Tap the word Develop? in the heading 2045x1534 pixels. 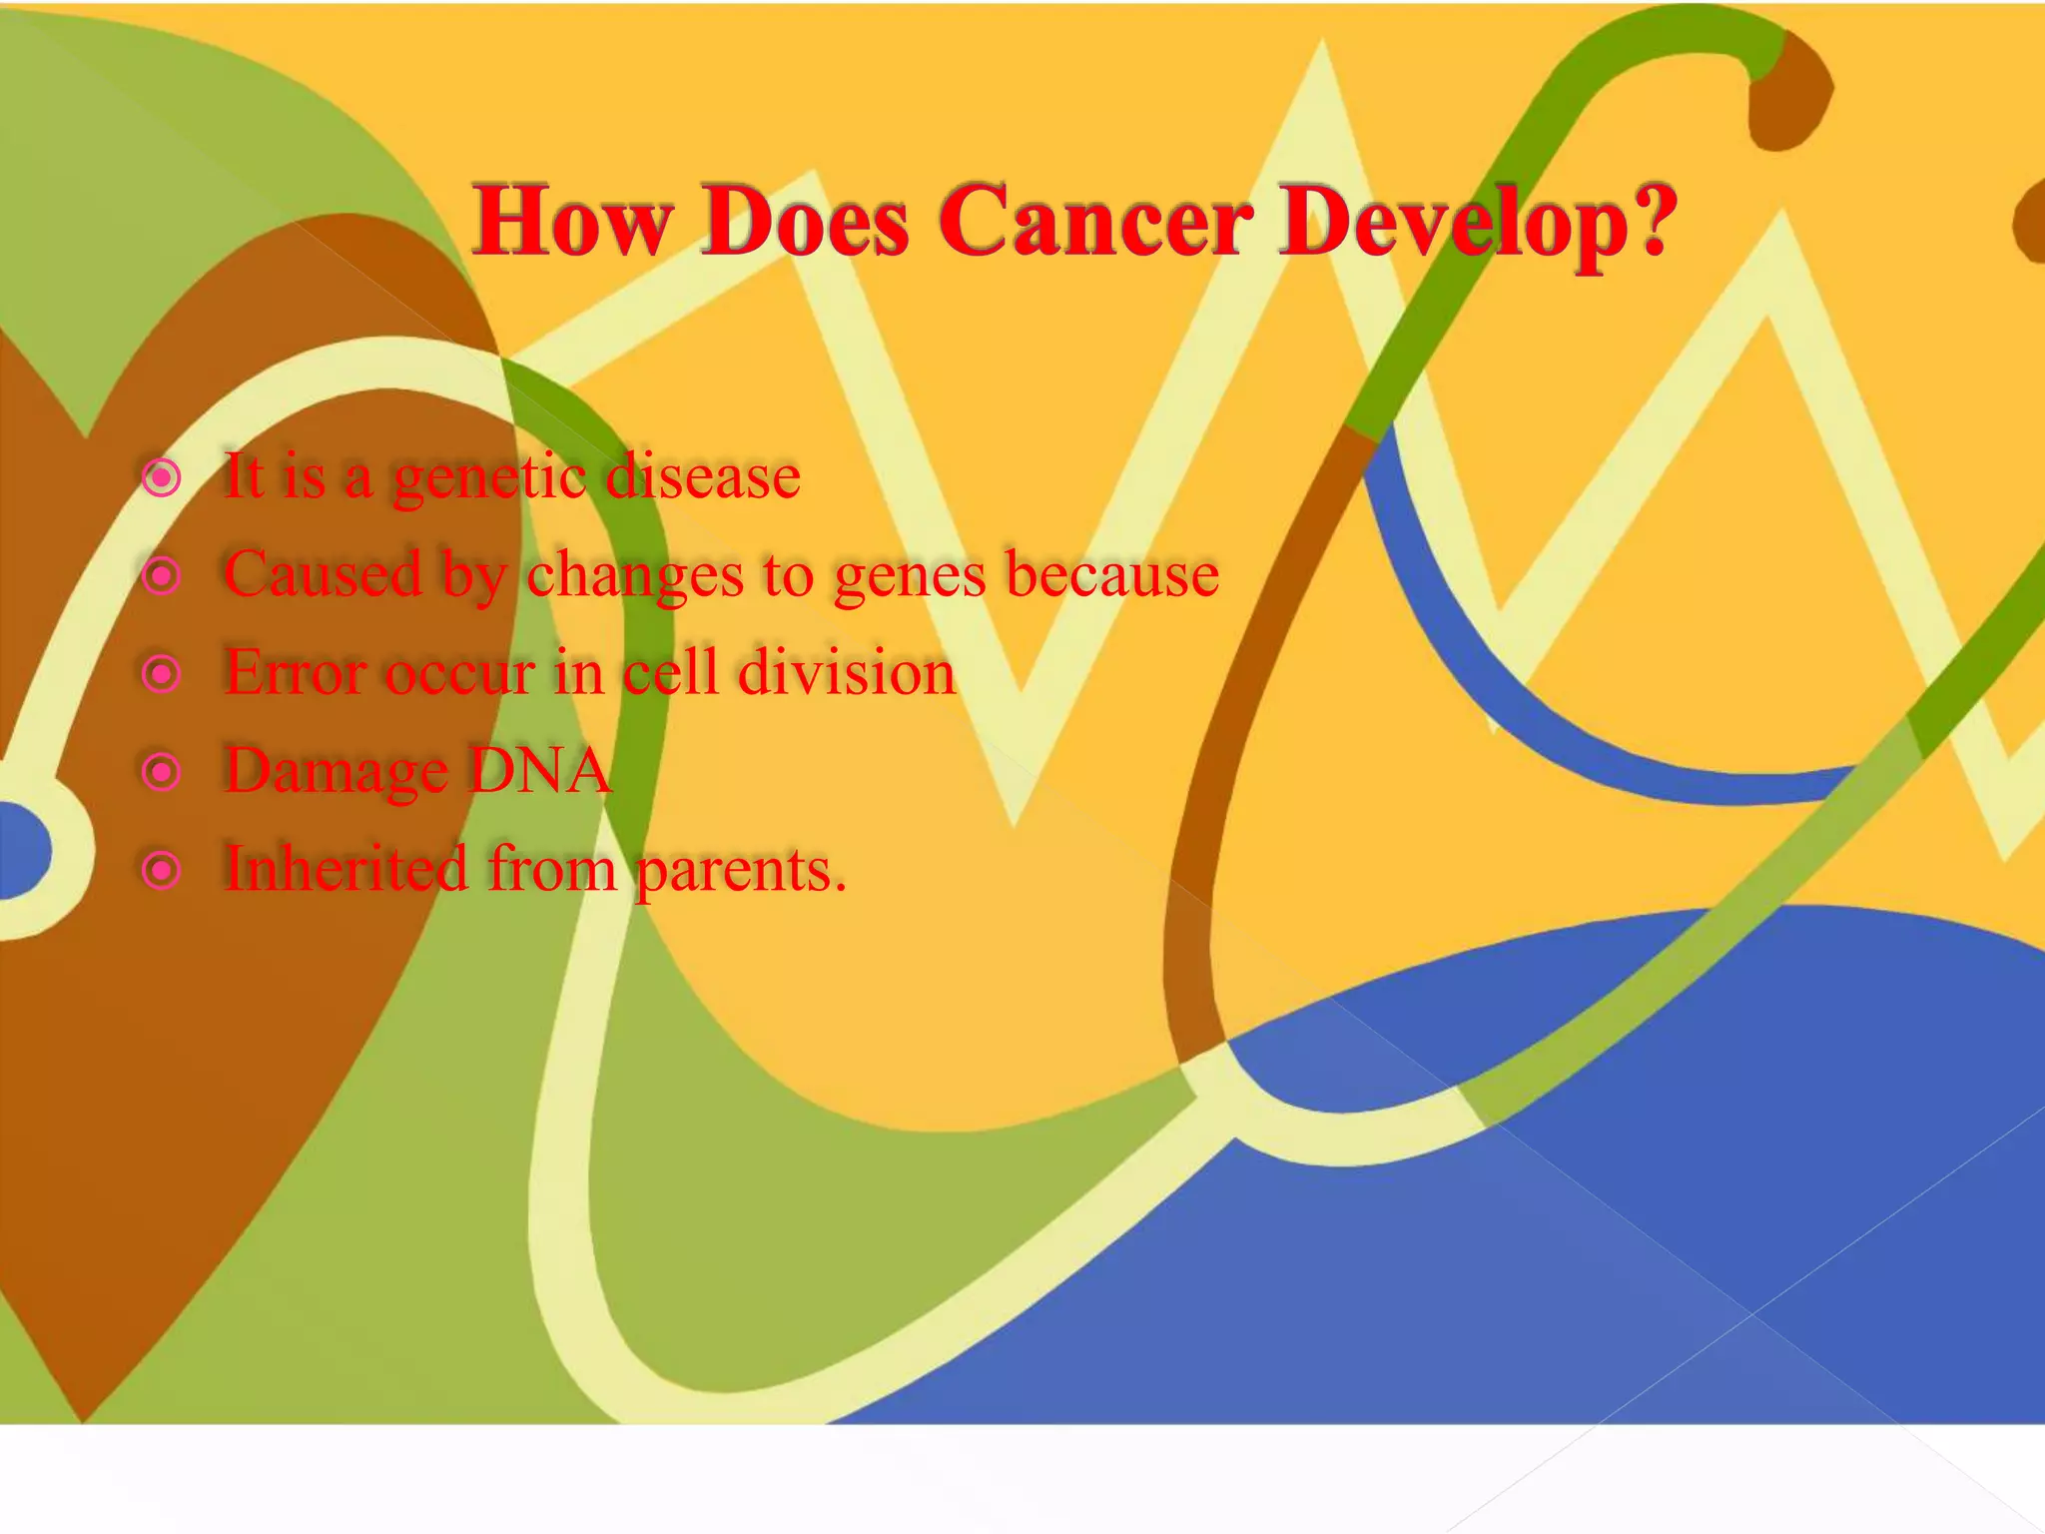1479,222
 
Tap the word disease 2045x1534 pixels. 703,476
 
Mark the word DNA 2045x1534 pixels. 539,770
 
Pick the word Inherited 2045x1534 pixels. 345,868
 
